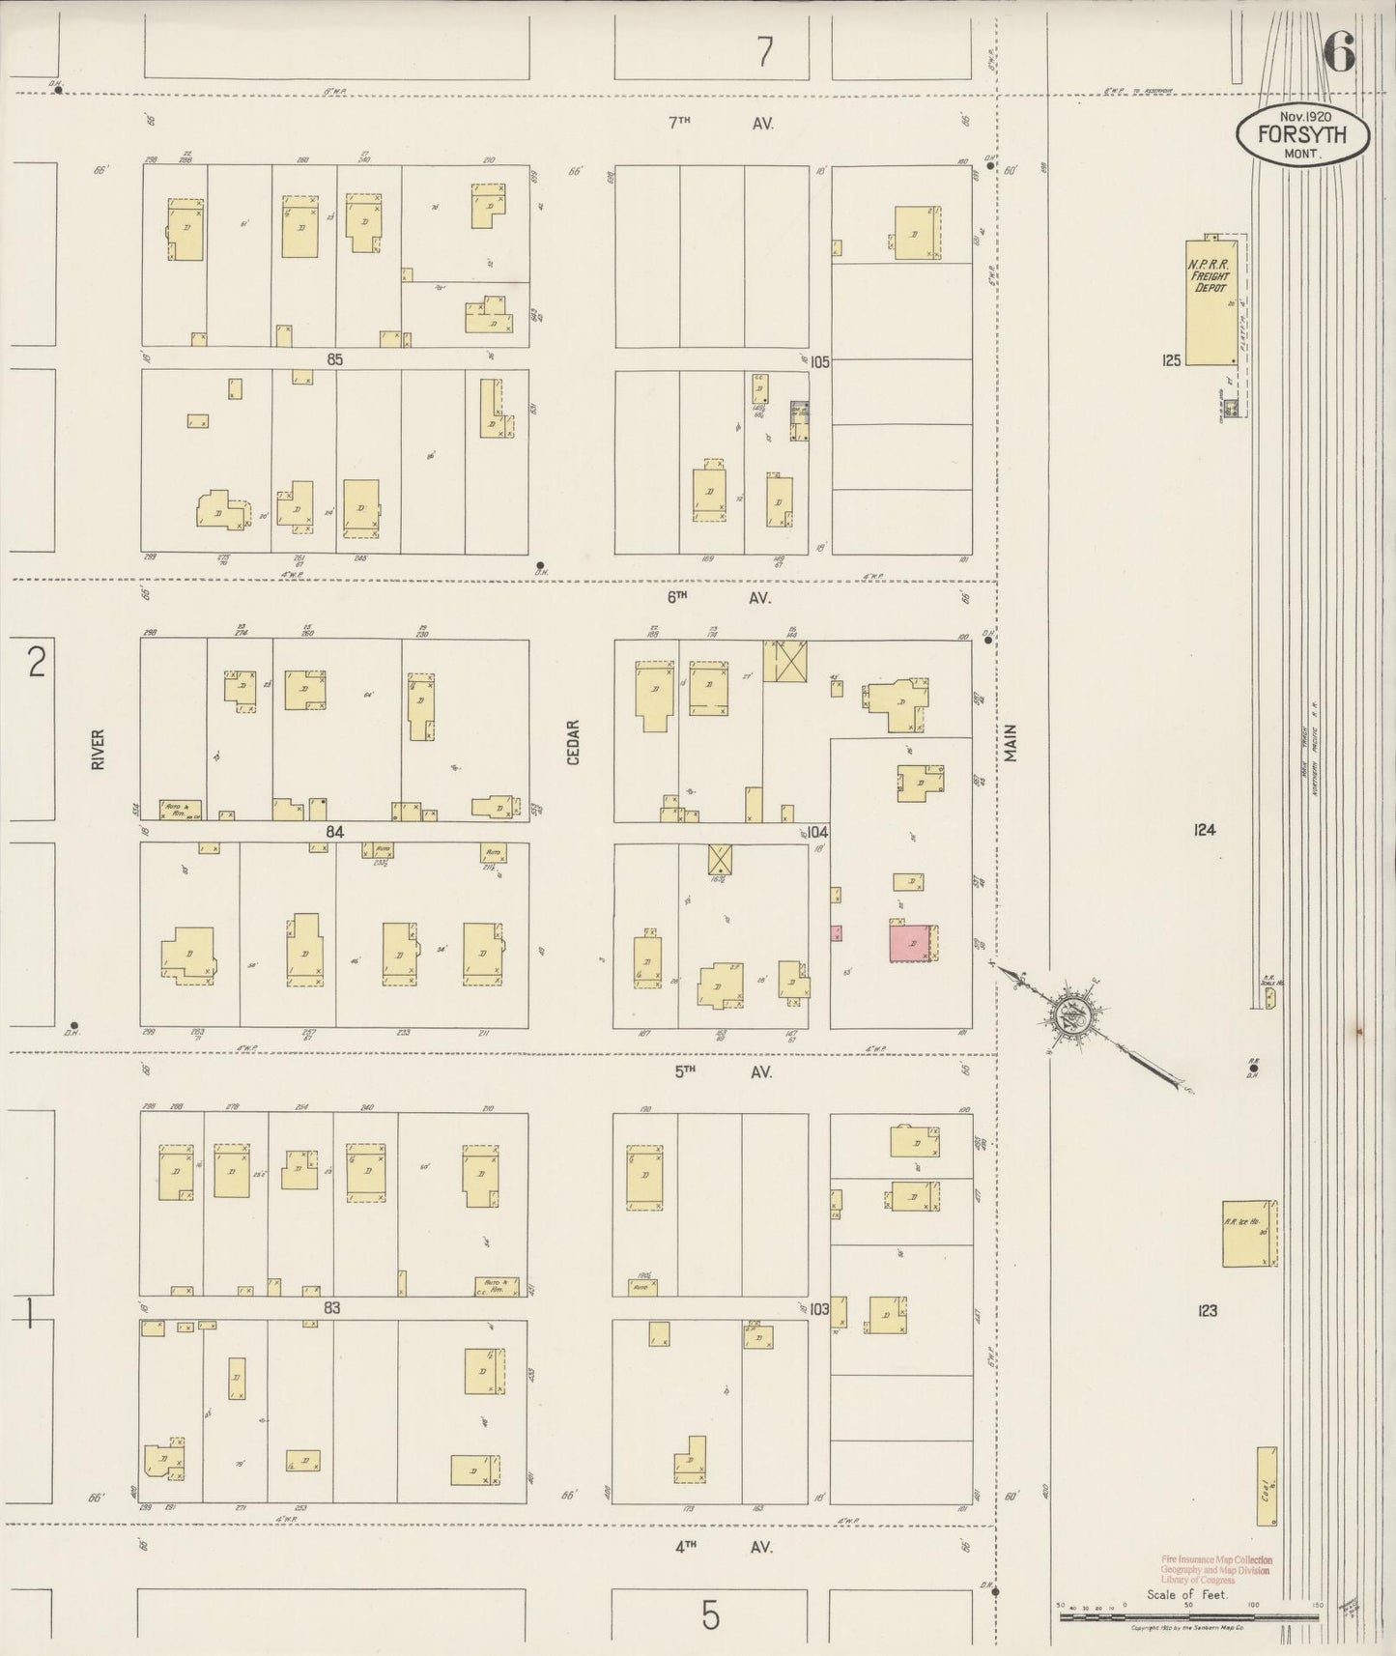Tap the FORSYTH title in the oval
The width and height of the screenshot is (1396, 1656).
click(x=1302, y=135)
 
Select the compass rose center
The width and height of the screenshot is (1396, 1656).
click(x=1072, y=1014)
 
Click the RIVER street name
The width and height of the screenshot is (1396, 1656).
click(x=97, y=749)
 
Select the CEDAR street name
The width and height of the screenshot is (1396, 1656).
click(x=573, y=742)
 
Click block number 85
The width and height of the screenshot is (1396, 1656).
click(x=334, y=359)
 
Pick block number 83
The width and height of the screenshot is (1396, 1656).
click(x=332, y=1308)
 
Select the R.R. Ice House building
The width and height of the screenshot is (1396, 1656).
click(x=1249, y=1233)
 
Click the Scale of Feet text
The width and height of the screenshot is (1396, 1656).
click(x=1186, y=1594)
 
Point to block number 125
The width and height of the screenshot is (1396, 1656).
click(x=1172, y=360)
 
